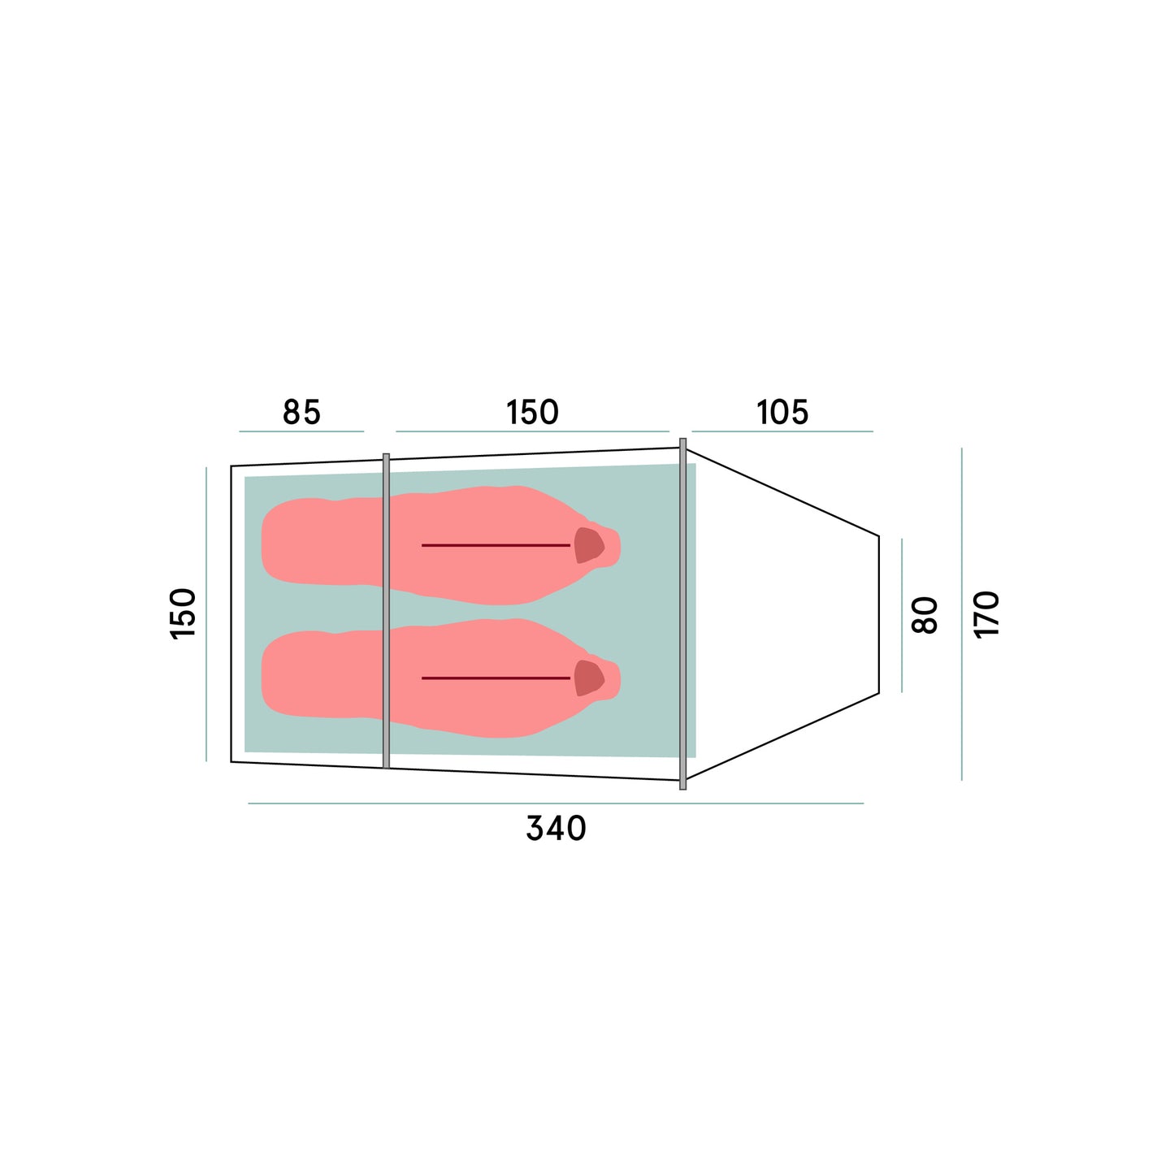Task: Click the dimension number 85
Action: (x=301, y=412)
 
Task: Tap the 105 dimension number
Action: (x=782, y=412)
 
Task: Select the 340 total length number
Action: (x=556, y=829)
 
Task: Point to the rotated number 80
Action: (x=925, y=615)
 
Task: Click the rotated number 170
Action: (x=987, y=615)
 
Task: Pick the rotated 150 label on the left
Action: (x=183, y=613)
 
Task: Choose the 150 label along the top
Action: (x=532, y=412)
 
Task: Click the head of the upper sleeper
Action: (x=588, y=544)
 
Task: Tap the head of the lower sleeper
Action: (x=588, y=678)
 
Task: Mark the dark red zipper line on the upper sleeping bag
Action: (x=496, y=545)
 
